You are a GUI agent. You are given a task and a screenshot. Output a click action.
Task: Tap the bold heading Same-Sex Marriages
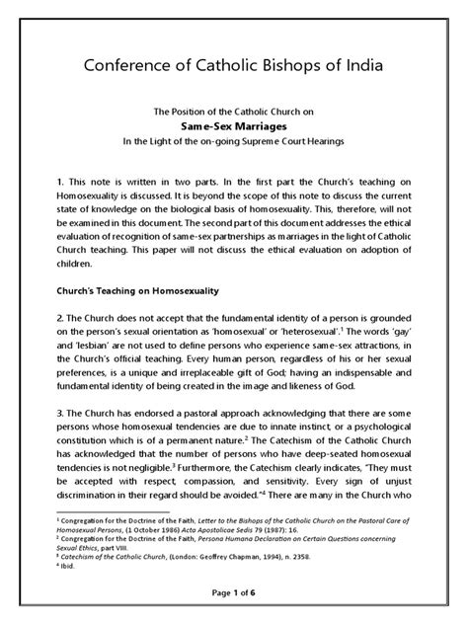coord(233,127)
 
